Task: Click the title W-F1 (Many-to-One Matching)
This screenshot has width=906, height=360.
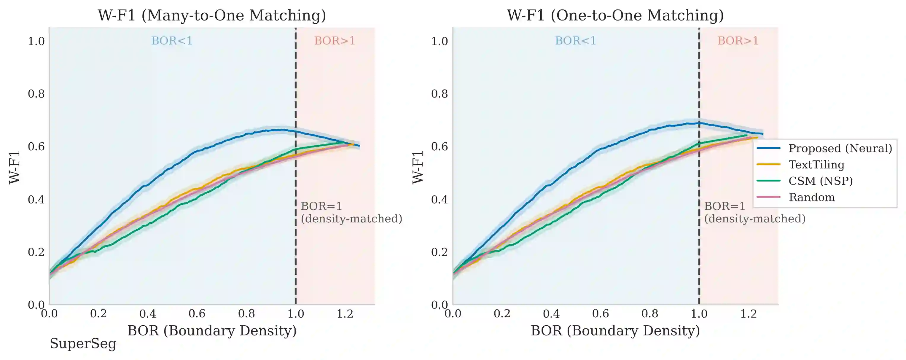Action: (x=212, y=15)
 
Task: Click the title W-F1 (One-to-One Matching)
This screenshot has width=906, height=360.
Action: (x=615, y=15)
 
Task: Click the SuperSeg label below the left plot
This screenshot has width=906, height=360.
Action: (x=83, y=343)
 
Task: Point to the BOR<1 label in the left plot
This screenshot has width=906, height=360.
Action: (x=172, y=41)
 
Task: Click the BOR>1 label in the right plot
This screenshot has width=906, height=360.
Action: (x=738, y=41)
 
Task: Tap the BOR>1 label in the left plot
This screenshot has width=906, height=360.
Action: (x=335, y=41)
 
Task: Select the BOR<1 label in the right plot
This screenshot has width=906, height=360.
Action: (x=575, y=41)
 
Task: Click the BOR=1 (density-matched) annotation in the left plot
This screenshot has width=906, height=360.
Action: (x=351, y=212)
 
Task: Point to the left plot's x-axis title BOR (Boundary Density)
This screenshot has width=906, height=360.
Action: (x=212, y=331)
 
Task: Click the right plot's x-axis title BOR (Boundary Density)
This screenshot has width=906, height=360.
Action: (x=615, y=331)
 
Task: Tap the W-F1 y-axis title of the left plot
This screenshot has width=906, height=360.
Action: (x=15, y=167)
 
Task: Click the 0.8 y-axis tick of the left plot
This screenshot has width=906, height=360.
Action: (x=36, y=94)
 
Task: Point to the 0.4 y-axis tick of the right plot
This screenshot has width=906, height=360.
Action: (x=440, y=200)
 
